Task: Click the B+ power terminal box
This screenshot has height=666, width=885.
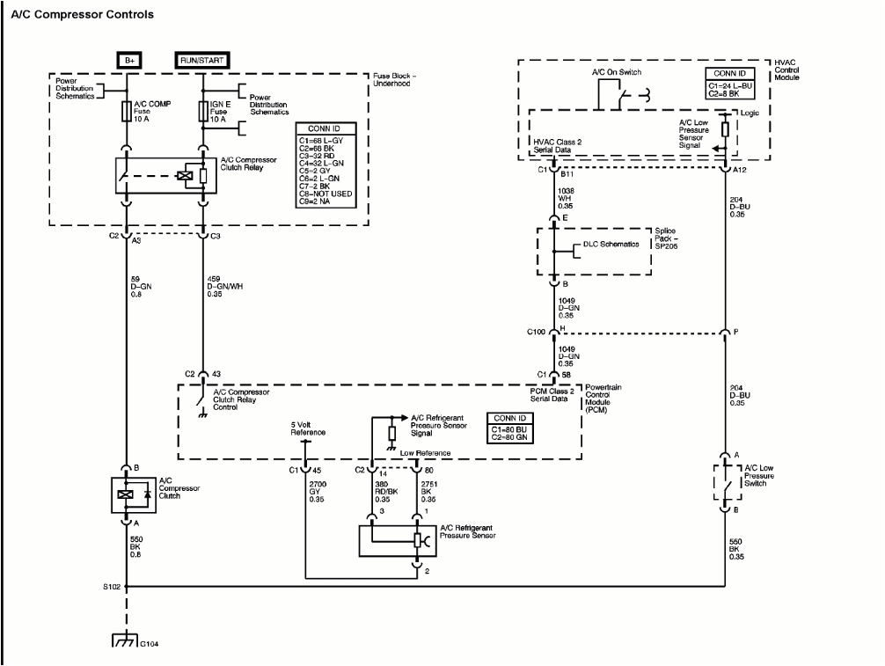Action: click(x=130, y=60)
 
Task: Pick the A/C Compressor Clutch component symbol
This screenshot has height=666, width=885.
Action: click(x=128, y=494)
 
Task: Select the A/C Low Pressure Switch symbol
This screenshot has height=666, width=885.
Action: click(x=726, y=482)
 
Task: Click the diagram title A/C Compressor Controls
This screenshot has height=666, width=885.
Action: click(x=83, y=15)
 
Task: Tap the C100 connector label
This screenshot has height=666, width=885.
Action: click(x=537, y=333)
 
